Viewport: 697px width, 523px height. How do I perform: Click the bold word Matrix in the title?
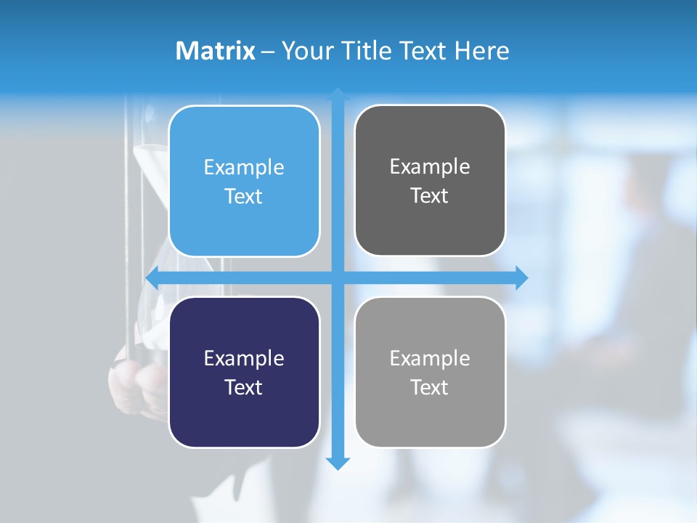215,51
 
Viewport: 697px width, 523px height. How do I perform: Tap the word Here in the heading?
481,51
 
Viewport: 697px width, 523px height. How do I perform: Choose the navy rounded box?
244,414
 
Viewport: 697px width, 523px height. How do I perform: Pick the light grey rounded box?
430,414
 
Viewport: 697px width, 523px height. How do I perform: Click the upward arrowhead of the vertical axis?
338,94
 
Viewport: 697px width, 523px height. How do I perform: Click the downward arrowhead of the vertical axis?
338,463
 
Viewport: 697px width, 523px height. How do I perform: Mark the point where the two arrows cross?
338,277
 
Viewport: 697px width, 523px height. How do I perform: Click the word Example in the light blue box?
244,168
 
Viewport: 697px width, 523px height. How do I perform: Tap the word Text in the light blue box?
244,197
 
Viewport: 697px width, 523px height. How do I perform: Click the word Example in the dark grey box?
430,167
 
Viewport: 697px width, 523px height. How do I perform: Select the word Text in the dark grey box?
430,196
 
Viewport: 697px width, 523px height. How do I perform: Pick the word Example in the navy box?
244,359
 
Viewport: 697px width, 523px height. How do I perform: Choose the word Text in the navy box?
244,388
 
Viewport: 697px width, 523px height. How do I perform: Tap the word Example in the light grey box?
430,359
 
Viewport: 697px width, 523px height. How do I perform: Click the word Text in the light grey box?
430,388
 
